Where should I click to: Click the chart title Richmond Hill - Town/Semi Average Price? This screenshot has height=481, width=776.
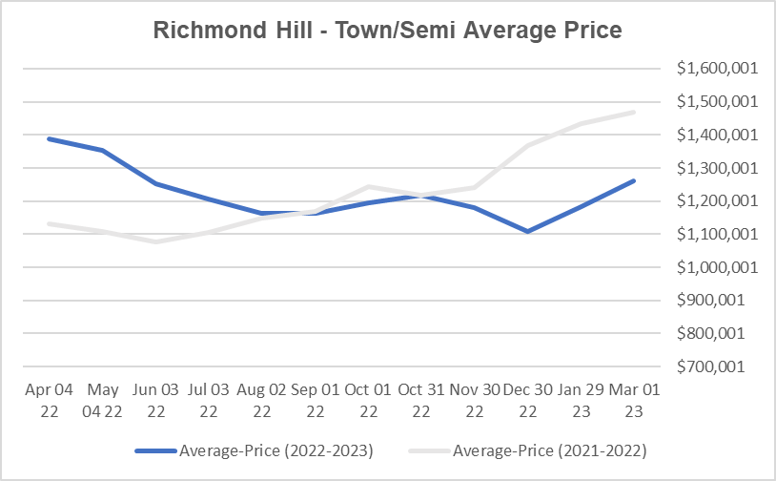pos(387,31)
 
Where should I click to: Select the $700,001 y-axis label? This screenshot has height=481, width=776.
pos(714,366)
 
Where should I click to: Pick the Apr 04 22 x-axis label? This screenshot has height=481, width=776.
pos(47,400)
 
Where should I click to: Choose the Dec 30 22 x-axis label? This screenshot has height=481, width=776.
pos(527,400)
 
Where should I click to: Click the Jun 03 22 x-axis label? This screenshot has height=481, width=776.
pos(153,400)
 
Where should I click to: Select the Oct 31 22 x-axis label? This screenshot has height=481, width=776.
pos(420,400)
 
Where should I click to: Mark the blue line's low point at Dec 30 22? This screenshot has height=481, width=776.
pos(527,231)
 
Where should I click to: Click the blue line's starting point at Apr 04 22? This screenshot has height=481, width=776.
pos(48,138)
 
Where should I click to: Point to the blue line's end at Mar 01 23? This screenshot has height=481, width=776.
pos(634,180)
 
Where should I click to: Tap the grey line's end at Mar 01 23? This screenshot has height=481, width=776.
pos(634,112)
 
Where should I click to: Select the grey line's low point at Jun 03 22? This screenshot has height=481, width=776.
pos(153,241)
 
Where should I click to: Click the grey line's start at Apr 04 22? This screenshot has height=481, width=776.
pos(48,223)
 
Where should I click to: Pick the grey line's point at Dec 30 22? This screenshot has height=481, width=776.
pos(527,146)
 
